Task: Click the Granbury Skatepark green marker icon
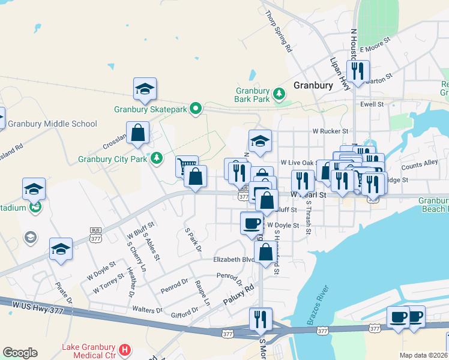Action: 195,109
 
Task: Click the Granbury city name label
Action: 313,85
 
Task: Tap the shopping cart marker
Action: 187,166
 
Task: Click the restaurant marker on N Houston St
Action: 358,71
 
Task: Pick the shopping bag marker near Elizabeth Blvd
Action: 266,252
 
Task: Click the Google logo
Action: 20,352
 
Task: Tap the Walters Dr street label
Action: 146,310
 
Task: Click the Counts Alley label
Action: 420,164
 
